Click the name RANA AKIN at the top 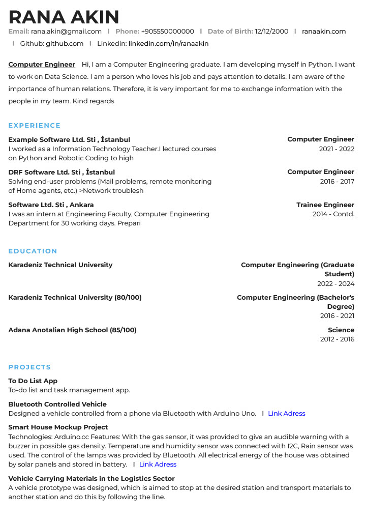tap(64, 17)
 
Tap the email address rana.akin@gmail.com tap(66, 32)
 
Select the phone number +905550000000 tap(167, 32)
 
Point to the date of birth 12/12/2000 tap(271, 32)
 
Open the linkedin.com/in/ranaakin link tap(168, 44)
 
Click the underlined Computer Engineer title tap(42, 65)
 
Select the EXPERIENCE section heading tap(35, 126)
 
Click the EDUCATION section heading tap(33, 251)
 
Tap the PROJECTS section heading tap(30, 367)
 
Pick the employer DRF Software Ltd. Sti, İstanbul tap(62, 172)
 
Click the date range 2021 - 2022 tap(336, 149)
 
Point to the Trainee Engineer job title tap(325, 205)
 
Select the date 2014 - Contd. tap(333, 214)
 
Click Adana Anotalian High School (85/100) tap(72, 330)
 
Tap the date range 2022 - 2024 tap(335, 284)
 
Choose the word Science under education tap(341, 330)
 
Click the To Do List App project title tap(33, 381)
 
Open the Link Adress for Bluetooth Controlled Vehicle tap(287, 414)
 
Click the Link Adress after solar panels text tap(158, 465)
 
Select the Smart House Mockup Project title tap(58, 427)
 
